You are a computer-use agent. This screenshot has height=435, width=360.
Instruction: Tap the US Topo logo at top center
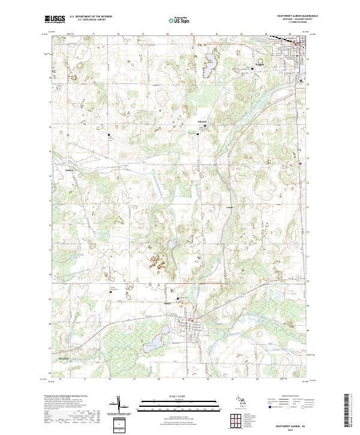[x=179, y=20]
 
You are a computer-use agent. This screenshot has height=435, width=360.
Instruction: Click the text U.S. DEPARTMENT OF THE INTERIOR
[x=91, y=16]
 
